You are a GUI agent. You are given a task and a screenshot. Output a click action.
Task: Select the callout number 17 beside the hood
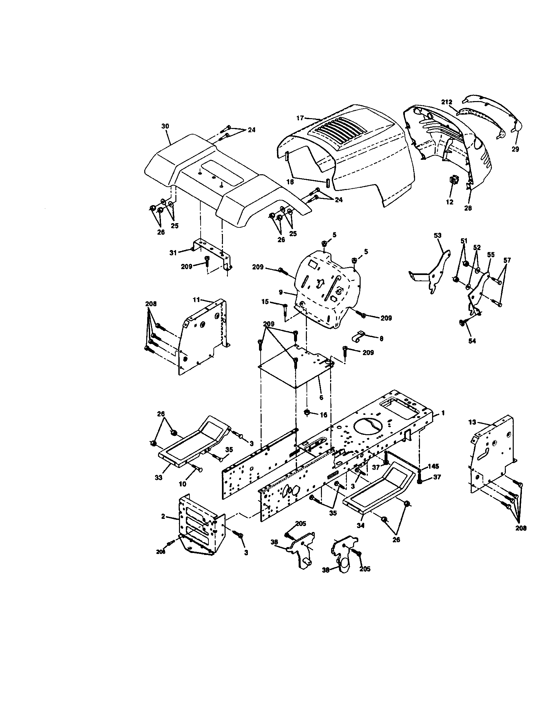pyautogui.click(x=300, y=118)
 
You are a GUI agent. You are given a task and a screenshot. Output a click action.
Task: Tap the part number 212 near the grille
pyautogui.click(x=447, y=102)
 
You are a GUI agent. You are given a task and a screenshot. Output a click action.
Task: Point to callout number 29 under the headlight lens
pyautogui.click(x=515, y=149)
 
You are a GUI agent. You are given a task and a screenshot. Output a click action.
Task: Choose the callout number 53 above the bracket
pyautogui.click(x=437, y=235)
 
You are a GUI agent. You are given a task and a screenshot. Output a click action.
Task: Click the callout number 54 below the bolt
pyautogui.click(x=472, y=341)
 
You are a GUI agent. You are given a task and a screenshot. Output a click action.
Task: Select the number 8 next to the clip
pyautogui.click(x=381, y=339)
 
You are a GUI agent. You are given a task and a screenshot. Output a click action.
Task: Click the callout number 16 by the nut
pyautogui.click(x=324, y=414)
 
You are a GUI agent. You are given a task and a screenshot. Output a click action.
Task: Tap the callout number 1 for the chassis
pyautogui.click(x=443, y=413)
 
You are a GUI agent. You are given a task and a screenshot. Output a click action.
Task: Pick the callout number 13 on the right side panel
pyautogui.click(x=472, y=422)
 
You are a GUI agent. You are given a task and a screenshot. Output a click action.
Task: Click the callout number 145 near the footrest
pyautogui.click(x=433, y=466)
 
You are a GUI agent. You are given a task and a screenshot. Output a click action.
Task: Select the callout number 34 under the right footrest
pyautogui.click(x=361, y=525)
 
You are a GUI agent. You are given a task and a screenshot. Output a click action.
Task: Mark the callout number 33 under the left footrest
pyautogui.click(x=158, y=478)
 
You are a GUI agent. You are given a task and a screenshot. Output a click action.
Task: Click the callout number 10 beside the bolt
pyautogui.click(x=183, y=484)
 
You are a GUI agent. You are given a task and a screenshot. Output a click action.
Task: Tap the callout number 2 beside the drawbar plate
pyautogui.click(x=163, y=516)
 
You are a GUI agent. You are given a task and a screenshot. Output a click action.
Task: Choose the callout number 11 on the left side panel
pyautogui.click(x=196, y=300)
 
